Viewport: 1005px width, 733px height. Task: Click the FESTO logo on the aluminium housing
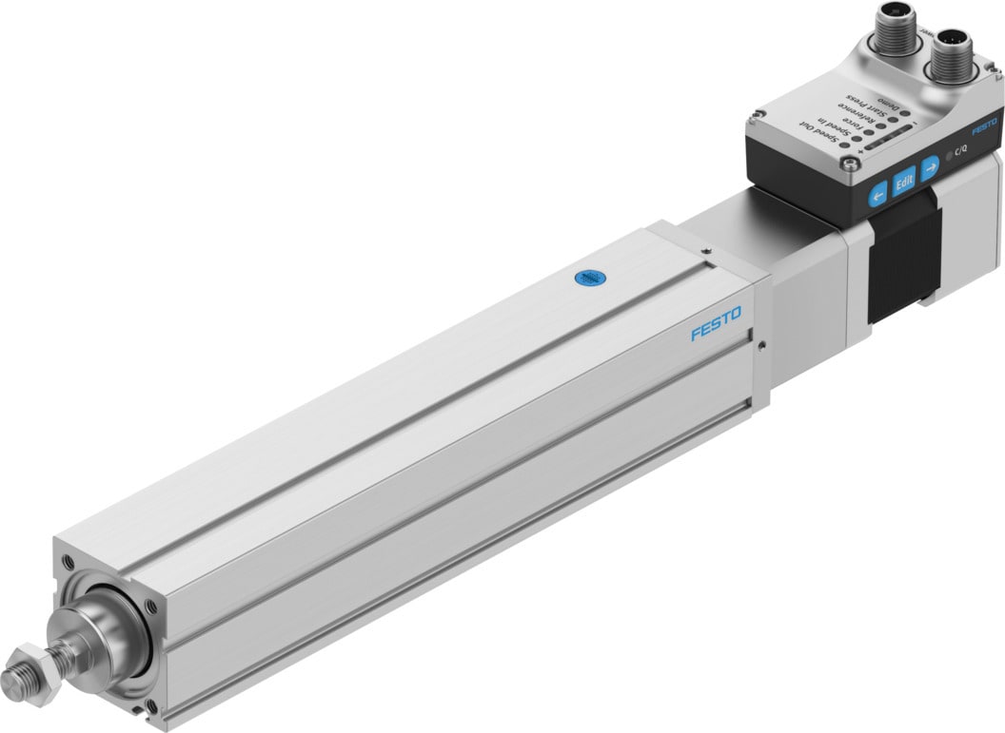click(x=716, y=330)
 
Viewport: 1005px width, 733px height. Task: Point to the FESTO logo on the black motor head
click(x=985, y=126)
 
